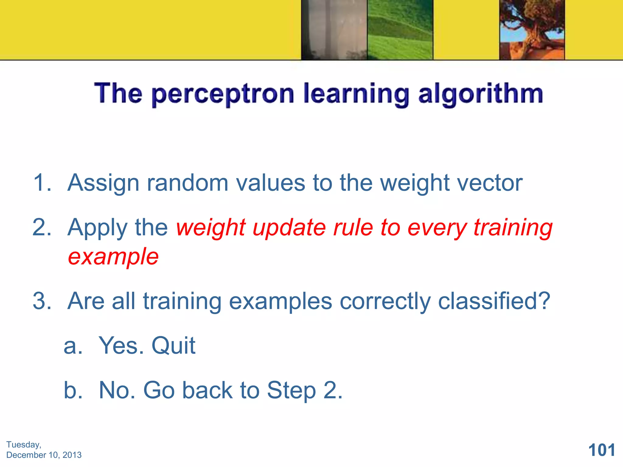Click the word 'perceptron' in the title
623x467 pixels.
tap(223, 94)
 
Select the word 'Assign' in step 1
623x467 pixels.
tap(103, 183)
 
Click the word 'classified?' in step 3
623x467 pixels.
tap(494, 301)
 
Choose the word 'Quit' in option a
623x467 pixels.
tap(173, 346)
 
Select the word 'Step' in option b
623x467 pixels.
tap(291, 391)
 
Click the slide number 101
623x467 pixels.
tap(601, 450)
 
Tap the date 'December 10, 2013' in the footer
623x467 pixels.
tap(44, 455)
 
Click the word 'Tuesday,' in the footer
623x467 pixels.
tap(24, 445)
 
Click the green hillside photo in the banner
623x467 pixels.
tap(400, 30)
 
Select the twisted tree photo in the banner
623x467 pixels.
tap(532, 30)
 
